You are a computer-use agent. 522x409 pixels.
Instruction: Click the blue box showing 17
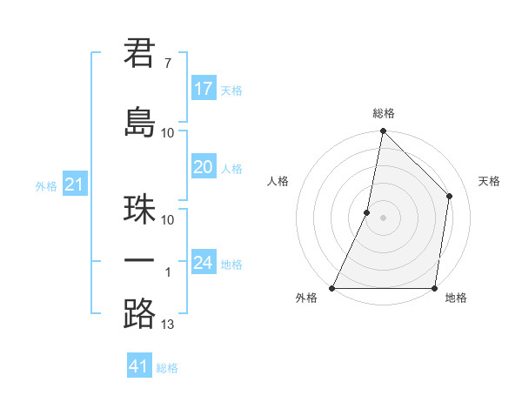(x=204, y=89)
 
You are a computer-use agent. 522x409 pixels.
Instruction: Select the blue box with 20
(x=204, y=168)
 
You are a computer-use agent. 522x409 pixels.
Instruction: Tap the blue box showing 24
(x=204, y=263)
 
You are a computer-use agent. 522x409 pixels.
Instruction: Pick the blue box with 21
(x=74, y=185)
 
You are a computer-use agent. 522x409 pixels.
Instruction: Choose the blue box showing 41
(x=139, y=366)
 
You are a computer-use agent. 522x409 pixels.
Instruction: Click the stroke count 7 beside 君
(x=167, y=64)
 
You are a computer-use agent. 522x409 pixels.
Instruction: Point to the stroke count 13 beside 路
(x=168, y=325)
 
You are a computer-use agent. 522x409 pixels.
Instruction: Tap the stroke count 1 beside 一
(x=168, y=272)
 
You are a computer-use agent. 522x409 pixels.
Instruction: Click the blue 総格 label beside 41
(x=167, y=368)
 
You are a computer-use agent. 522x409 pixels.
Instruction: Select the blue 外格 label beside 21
(x=46, y=186)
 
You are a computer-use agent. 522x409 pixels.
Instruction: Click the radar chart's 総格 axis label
(x=383, y=113)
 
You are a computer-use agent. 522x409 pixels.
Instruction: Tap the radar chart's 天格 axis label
(x=489, y=181)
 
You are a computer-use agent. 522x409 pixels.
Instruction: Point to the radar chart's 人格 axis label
(x=278, y=181)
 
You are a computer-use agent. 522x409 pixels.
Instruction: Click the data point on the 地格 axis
(x=434, y=288)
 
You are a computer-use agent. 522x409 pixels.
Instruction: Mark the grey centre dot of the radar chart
(x=383, y=218)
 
